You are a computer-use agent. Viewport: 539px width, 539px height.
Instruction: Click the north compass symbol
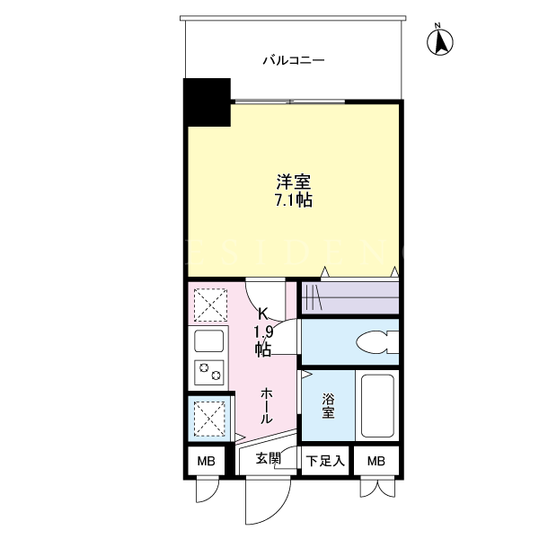pyautogui.click(x=439, y=41)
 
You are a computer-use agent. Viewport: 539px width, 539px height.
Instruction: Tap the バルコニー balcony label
pyautogui.click(x=294, y=61)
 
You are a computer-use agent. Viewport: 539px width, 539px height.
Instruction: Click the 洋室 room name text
pyautogui.click(x=294, y=181)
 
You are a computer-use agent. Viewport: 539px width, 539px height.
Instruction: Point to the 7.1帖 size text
pyautogui.click(x=294, y=199)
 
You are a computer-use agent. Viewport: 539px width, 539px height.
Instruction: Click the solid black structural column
pyautogui.click(x=207, y=102)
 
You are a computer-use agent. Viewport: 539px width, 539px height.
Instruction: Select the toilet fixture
pyautogui.click(x=377, y=342)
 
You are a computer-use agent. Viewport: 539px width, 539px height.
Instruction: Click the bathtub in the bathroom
pyautogui.click(x=377, y=406)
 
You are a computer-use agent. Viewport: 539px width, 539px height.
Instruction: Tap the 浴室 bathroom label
pyautogui.click(x=328, y=406)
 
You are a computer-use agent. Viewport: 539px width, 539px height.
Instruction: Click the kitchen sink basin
pyautogui.click(x=208, y=340)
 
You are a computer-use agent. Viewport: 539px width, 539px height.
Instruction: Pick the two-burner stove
pyautogui.click(x=208, y=372)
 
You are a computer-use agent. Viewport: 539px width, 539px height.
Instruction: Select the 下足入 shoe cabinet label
pyautogui.click(x=325, y=461)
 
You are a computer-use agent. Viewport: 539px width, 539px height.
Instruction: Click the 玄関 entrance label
pyautogui.click(x=268, y=458)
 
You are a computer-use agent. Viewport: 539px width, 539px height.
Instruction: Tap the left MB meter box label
pyautogui.click(x=207, y=461)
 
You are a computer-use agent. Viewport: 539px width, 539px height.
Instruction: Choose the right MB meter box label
pyautogui.click(x=376, y=461)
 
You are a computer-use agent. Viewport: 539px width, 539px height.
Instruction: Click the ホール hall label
pyautogui.click(x=267, y=406)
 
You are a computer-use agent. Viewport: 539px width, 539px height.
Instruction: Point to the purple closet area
pyautogui.click(x=350, y=297)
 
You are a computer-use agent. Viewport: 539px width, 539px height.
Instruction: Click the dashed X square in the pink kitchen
pyautogui.click(x=210, y=305)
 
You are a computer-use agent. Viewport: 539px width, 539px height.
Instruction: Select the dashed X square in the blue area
pyautogui.click(x=209, y=419)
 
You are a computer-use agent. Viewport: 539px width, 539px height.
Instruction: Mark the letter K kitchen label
pyautogui.click(x=263, y=314)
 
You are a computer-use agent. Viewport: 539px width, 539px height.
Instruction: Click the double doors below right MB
pyautogui.click(x=378, y=488)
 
